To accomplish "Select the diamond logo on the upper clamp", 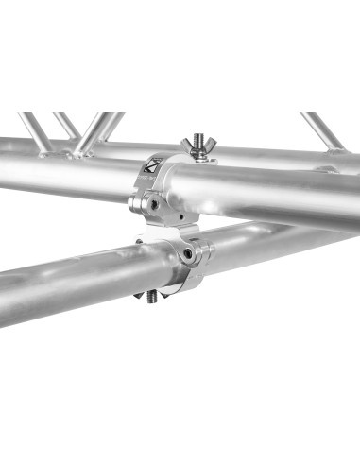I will coord(156,168).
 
